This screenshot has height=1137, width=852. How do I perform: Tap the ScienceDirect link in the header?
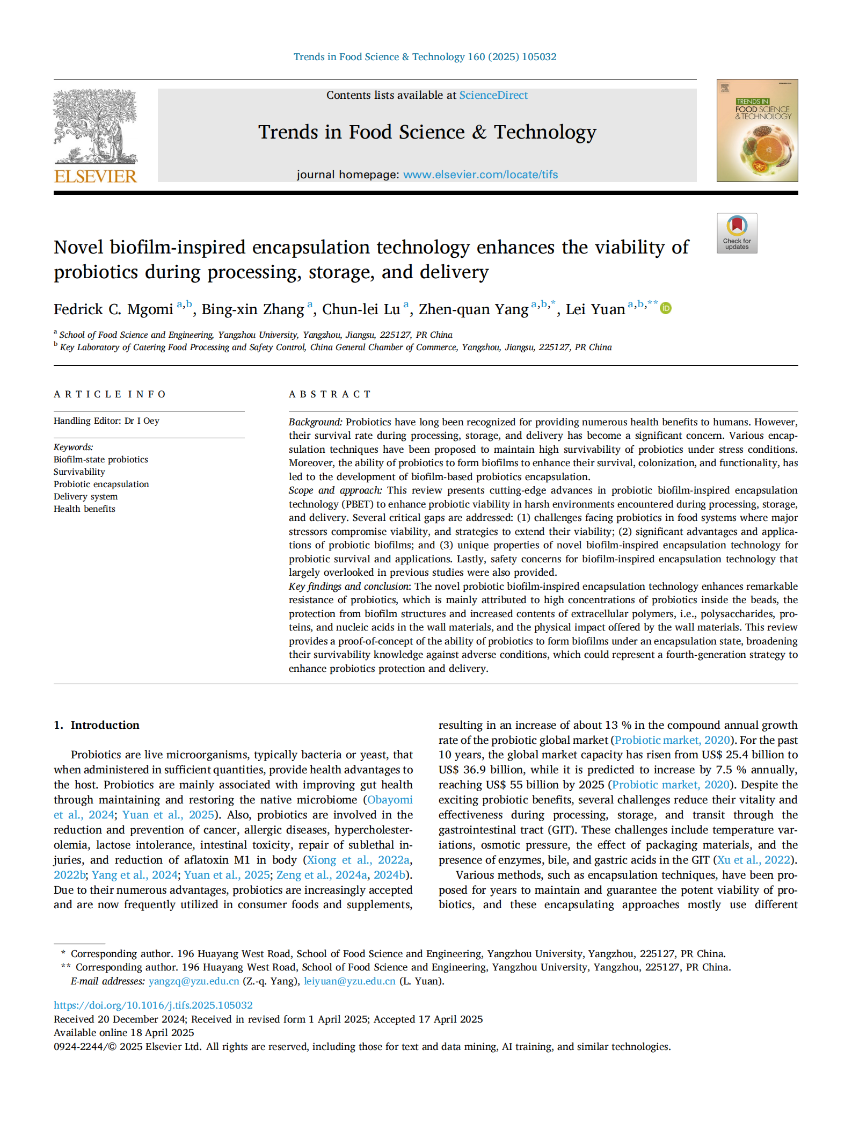click(x=493, y=95)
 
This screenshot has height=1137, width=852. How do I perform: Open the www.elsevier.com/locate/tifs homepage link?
click(x=480, y=175)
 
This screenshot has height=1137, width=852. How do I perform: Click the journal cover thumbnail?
click(x=756, y=131)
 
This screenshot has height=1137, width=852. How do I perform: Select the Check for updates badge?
click(x=737, y=233)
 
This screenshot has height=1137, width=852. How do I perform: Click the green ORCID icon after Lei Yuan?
click(x=666, y=308)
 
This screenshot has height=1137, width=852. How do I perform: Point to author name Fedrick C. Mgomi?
click(x=113, y=309)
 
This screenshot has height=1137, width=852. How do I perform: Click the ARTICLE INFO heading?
click(x=110, y=394)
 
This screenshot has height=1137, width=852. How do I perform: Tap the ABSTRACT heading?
click(x=330, y=394)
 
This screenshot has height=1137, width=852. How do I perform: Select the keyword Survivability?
click(x=79, y=472)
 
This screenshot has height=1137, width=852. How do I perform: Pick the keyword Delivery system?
click(x=85, y=496)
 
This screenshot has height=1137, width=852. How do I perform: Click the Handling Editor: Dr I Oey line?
click(x=106, y=421)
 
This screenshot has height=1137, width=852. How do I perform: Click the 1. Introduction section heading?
click(x=97, y=725)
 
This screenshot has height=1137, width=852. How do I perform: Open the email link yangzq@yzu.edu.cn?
click(x=194, y=981)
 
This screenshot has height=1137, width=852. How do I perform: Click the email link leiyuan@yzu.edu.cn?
click(x=349, y=981)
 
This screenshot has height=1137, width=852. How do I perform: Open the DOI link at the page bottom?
click(x=153, y=1005)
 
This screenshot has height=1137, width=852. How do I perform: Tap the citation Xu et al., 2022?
click(x=754, y=860)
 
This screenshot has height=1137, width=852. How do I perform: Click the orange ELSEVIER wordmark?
click(x=96, y=176)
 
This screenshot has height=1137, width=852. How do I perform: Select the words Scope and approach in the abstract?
click(x=334, y=490)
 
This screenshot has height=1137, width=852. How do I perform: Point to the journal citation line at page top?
click(x=425, y=57)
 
